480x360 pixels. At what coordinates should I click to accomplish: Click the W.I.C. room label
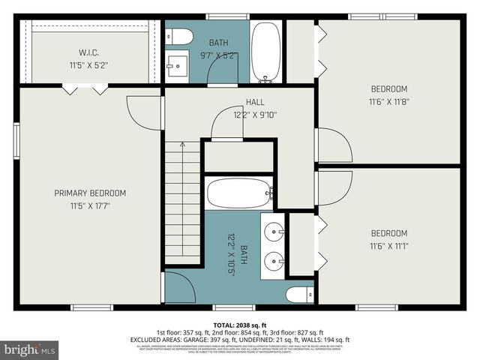(x=90, y=52)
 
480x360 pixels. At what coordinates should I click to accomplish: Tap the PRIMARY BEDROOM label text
(x=90, y=193)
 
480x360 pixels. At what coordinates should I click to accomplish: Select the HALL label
(x=255, y=102)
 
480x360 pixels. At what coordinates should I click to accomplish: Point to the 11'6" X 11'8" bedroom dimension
(x=388, y=102)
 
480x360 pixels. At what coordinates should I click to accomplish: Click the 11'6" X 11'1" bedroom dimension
(x=388, y=245)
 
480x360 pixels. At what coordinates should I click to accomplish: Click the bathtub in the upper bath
(x=265, y=51)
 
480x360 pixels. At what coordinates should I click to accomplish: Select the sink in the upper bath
(x=177, y=66)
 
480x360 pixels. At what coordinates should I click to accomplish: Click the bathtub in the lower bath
(x=239, y=193)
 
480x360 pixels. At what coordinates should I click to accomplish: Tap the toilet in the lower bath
(x=300, y=294)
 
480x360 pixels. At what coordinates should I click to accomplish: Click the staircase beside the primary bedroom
(x=183, y=202)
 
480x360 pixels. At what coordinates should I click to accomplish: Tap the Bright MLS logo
(x=30, y=349)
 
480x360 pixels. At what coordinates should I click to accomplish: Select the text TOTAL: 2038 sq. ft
(x=239, y=324)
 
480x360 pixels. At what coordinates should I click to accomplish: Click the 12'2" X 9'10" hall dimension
(x=255, y=115)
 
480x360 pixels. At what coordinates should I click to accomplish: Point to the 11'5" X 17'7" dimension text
(x=90, y=205)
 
